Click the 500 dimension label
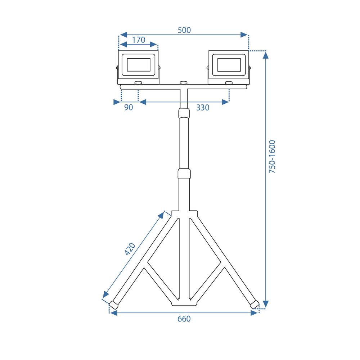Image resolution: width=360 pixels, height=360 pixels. pos(184,30)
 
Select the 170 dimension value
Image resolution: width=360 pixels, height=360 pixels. pos(138,40)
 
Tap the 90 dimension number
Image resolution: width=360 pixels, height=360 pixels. pos(129,107)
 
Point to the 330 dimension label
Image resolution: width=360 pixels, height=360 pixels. pos(203,107)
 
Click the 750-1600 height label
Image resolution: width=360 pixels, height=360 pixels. pos(273,157)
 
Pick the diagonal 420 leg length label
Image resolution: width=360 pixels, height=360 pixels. pos(130,249)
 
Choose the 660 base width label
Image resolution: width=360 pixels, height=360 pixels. pos(184,319)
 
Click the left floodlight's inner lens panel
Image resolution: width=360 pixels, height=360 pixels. pos(139,65)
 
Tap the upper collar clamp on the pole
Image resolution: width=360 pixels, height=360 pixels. pos(184,113)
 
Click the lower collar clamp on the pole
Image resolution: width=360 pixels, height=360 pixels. pos(184,173)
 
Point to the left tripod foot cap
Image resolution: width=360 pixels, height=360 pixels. pos(114,305)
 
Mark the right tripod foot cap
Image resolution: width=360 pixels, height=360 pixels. pos(255,304)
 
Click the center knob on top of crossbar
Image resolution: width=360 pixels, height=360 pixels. pos(184,83)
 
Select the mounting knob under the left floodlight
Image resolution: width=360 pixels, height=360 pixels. pos(138,83)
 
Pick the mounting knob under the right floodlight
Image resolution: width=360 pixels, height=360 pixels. pos(229,83)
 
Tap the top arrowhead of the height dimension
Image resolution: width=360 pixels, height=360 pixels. pos(266,55)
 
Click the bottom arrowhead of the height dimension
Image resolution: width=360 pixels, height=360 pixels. pos(266,303)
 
